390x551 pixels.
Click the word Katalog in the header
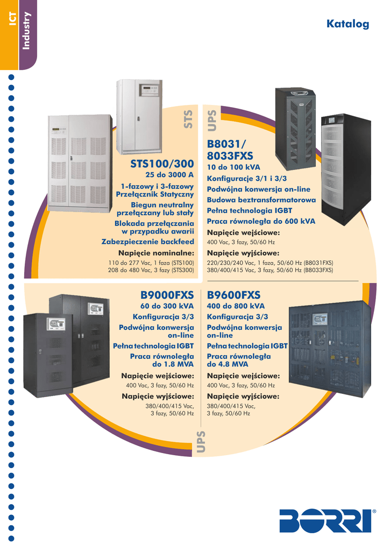348,24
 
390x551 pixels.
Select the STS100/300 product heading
161,164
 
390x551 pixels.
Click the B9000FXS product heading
167,295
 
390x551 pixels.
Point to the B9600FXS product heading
233,295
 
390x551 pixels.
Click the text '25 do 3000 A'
169,175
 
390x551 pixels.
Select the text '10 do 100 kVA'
233,167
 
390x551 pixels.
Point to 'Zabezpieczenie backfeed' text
147,242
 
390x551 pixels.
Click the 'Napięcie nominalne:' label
156,253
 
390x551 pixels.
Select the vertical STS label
188,119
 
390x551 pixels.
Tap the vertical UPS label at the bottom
201,442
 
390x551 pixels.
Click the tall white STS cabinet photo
139,117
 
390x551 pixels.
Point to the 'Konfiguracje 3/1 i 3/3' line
246,179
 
